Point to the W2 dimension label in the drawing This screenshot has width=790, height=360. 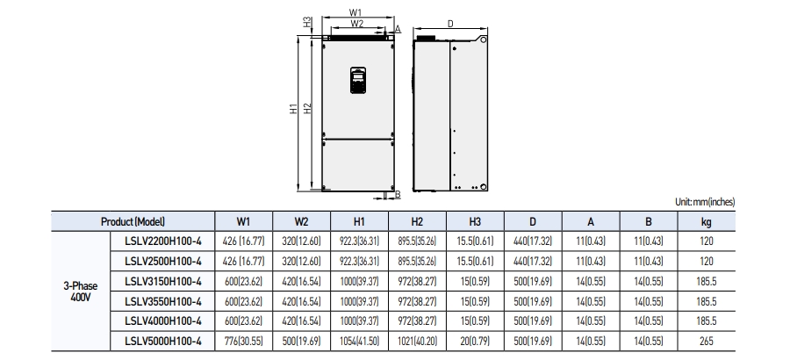pos(355,24)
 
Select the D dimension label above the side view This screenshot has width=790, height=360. pos(449,25)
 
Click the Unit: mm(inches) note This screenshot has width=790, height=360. pos(705,202)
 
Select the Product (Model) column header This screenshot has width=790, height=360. pos(133,222)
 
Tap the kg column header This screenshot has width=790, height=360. pos(707,222)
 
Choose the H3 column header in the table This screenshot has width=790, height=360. pos(475,222)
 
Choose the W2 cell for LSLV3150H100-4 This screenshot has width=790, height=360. pos(301,281)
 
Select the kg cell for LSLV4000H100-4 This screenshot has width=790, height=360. pos(707,320)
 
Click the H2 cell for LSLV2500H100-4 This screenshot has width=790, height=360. pos(417,261)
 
